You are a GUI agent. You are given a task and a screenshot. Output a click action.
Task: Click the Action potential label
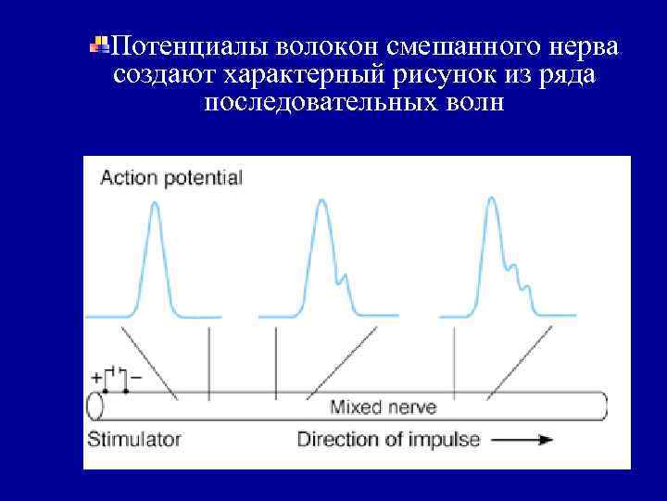click(x=170, y=177)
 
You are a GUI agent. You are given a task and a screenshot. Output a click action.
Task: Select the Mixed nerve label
click(x=384, y=406)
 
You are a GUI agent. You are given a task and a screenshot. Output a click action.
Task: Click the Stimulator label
click(x=134, y=439)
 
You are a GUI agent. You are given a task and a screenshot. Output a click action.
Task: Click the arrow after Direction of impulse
click(x=523, y=440)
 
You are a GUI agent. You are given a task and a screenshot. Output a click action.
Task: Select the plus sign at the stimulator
click(x=96, y=378)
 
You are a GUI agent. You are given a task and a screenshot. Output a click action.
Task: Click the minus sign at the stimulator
click(x=136, y=378)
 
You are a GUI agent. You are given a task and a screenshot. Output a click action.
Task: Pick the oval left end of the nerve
click(x=94, y=406)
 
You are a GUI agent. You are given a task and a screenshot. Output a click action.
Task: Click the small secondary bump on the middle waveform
click(x=345, y=275)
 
